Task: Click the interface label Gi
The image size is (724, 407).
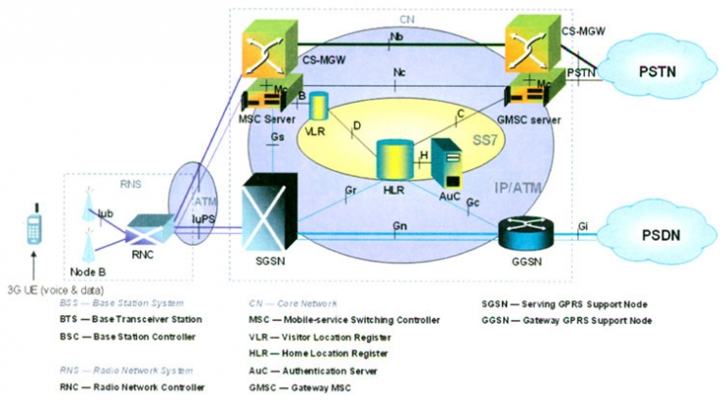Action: [584, 226]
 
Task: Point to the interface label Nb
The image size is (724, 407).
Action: [397, 36]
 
